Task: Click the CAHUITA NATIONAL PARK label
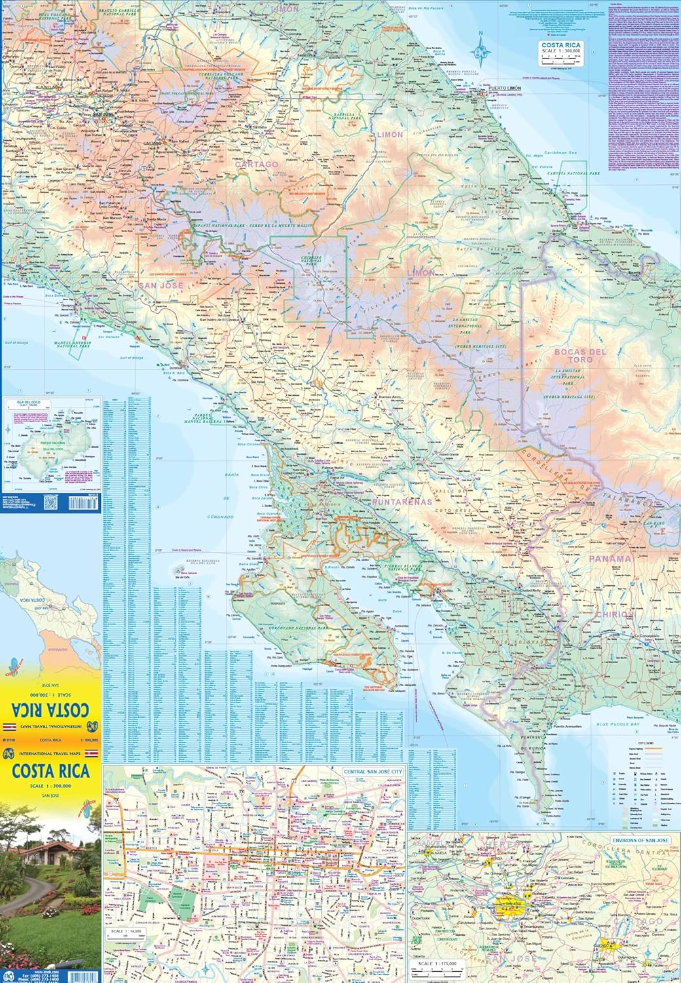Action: point(577,173)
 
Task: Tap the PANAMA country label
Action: point(609,559)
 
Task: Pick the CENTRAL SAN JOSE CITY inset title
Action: point(371,772)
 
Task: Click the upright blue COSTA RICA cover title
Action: point(50,771)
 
